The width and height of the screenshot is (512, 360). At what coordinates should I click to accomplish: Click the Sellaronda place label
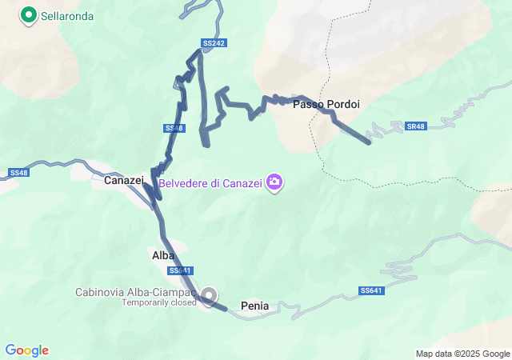(68, 16)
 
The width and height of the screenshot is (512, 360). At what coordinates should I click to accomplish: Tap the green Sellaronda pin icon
(29, 15)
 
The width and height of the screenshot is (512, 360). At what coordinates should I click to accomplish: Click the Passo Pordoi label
(326, 105)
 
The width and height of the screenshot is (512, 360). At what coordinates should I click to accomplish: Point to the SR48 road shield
(416, 126)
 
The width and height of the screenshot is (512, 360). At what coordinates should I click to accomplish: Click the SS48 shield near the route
(174, 128)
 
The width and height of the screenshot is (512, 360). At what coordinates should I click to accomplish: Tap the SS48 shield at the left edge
(19, 173)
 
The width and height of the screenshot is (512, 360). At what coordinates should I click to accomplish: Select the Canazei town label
(123, 182)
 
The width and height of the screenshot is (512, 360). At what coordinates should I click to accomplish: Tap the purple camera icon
(274, 183)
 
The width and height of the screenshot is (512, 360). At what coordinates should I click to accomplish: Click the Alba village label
(162, 255)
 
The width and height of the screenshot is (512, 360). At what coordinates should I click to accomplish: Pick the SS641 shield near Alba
(180, 270)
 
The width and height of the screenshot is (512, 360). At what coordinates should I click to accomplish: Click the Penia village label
(254, 306)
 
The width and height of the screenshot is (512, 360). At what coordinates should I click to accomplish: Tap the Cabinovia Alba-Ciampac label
(136, 292)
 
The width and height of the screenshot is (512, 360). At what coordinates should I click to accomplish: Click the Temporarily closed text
(158, 302)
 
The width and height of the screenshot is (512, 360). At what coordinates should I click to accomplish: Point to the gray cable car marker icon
(210, 297)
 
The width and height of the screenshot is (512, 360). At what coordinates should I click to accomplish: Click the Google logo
(26, 350)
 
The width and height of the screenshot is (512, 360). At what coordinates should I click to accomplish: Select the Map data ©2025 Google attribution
(462, 354)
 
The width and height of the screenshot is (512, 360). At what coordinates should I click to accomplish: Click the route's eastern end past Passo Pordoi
(369, 142)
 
